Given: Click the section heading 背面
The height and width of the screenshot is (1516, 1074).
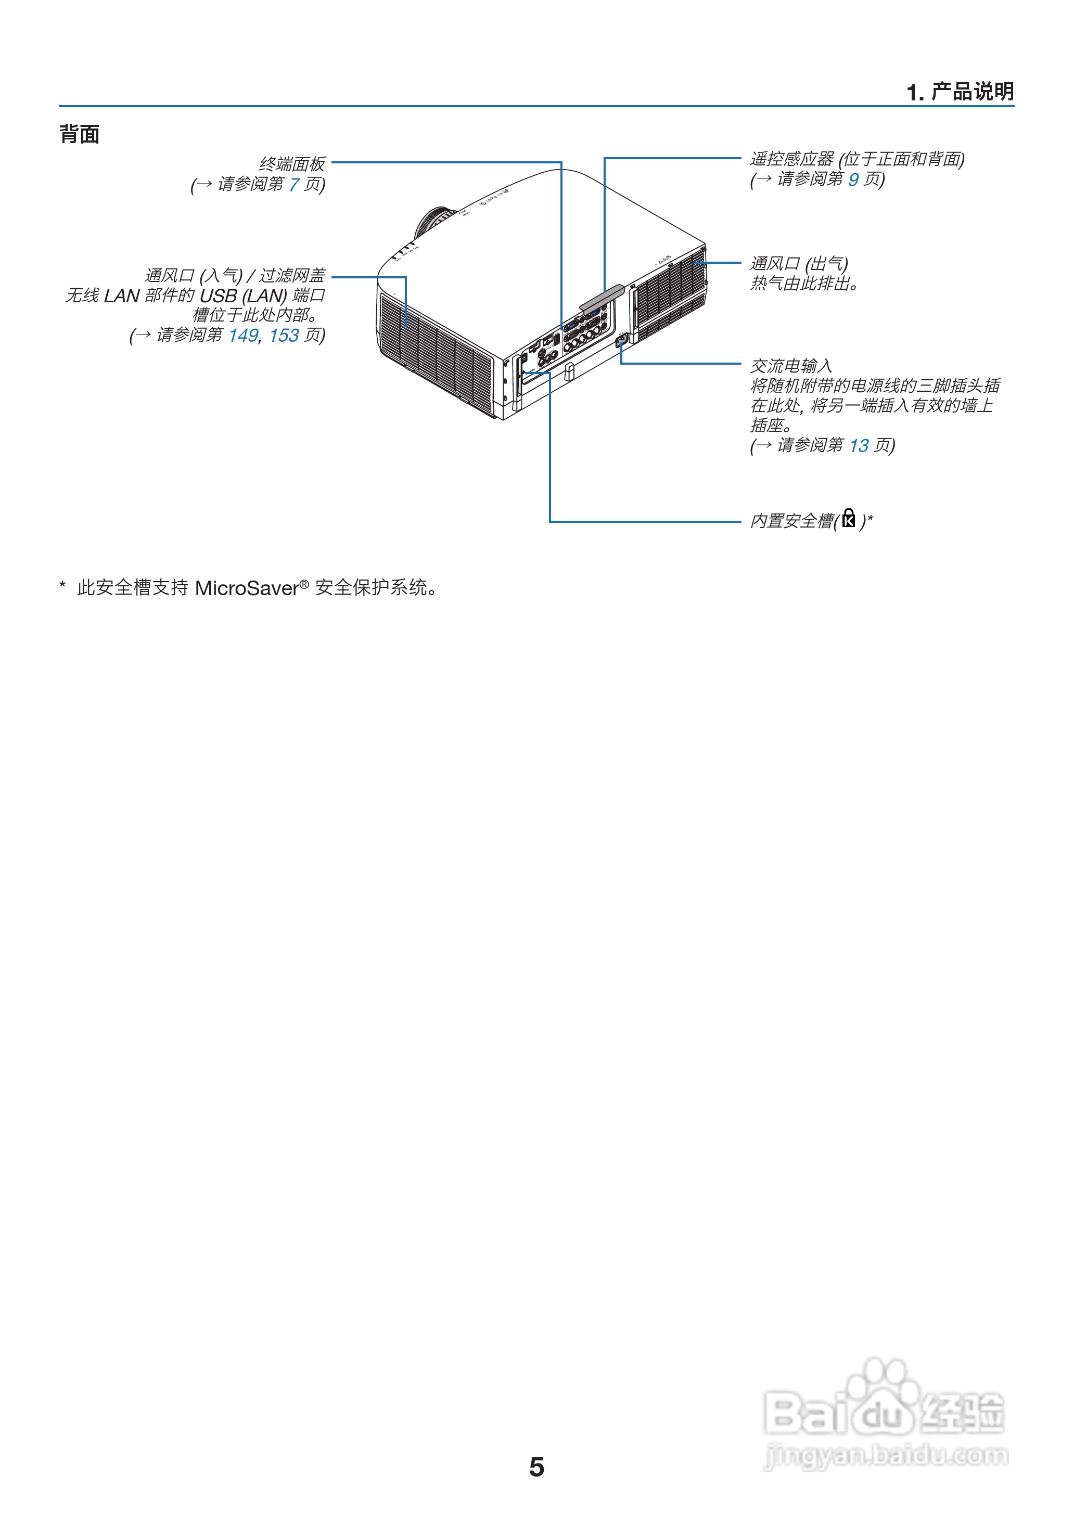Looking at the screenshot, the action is tap(80, 134).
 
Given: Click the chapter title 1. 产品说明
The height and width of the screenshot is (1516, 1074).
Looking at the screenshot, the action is tap(960, 92).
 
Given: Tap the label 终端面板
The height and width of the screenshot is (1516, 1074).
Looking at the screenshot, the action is tap(291, 163).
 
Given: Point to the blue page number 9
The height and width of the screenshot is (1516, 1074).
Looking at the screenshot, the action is tap(853, 179).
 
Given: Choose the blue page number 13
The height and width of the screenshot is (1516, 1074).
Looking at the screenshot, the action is tap(859, 446).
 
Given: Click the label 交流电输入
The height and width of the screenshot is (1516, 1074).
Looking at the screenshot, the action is tap(791, 366).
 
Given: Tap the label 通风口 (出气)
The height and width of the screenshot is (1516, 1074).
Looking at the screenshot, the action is tap(799, 264).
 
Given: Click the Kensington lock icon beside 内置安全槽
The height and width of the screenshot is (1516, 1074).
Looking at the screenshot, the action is tap(849, 519).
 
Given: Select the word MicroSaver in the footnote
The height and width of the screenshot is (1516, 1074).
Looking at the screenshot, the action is tap(247, 588).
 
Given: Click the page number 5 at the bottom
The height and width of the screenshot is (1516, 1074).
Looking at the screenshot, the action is tap(536, 1467).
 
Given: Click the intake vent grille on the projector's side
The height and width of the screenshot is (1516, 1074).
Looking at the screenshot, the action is tap(437, 351).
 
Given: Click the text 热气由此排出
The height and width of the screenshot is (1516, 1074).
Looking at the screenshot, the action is tap(803, 284).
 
